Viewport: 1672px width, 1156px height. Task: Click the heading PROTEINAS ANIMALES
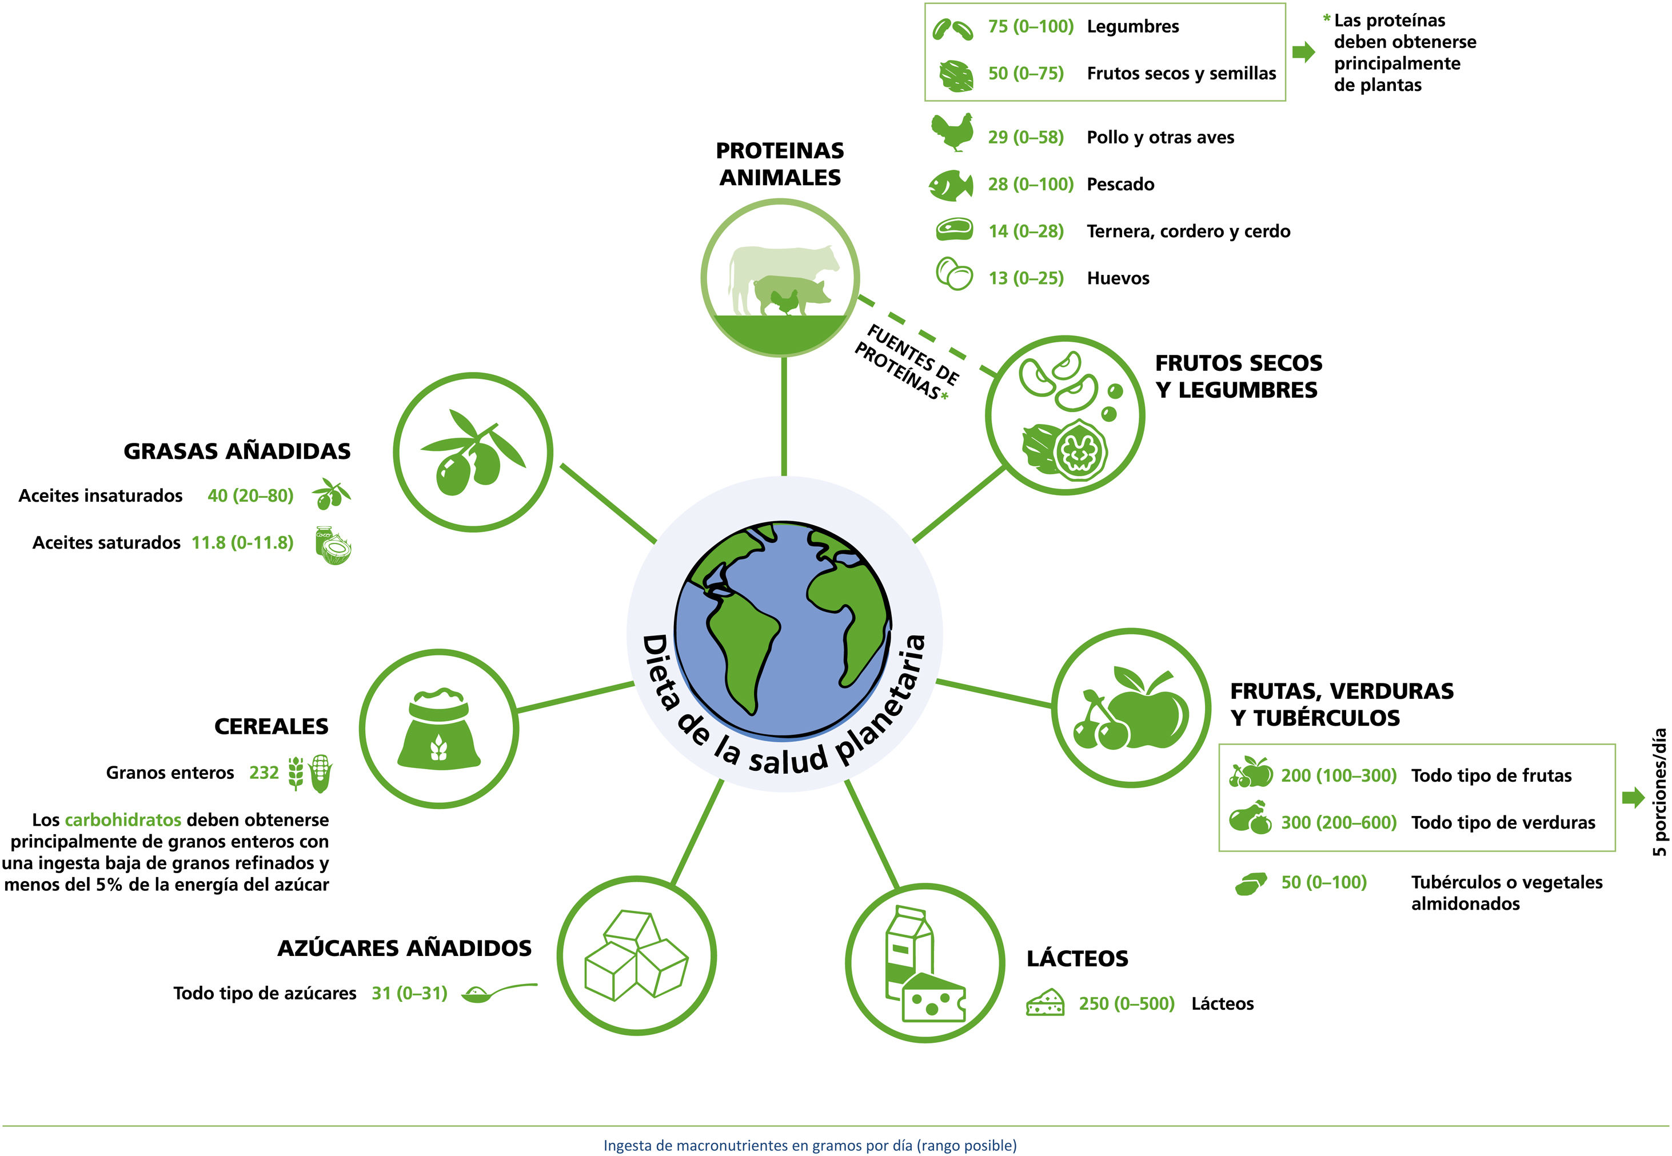point(780,163)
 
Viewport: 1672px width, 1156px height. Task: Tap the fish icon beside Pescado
point(951,185)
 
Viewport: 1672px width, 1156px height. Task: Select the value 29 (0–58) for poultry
point(1025,138)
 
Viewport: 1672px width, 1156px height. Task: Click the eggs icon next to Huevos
point(954,274)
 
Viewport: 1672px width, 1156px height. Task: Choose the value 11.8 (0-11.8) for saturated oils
point(242,542)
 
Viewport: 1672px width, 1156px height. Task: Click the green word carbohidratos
point(122,820)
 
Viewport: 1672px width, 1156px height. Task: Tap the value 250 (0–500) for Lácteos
point(1126,1003)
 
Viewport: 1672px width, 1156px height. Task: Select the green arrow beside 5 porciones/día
point(1633,798)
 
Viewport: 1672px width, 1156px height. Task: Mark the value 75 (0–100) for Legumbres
point(1030,27)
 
